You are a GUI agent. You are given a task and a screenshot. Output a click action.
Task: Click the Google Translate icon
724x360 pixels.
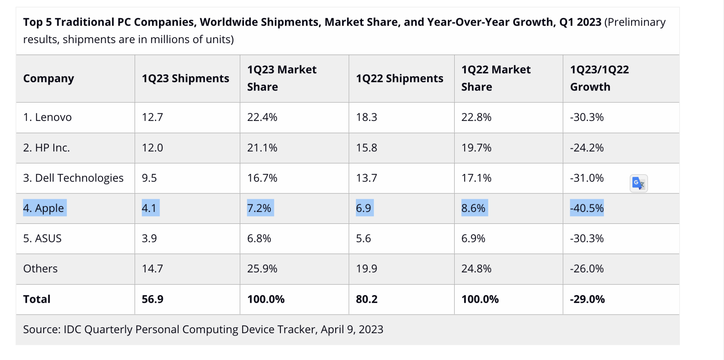[639, 184]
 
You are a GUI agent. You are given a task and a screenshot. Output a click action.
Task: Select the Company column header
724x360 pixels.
[49, 79]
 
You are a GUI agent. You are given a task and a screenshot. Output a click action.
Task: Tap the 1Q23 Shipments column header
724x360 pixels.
[185, 79]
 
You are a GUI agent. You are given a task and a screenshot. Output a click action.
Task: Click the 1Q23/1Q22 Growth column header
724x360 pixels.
[599, 78]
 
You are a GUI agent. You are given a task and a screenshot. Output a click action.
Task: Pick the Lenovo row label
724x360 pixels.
[47, 117]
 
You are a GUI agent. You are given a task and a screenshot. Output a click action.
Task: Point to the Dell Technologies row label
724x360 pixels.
[73, 178]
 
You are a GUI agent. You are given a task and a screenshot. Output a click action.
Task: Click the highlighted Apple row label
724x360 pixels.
[44, 208]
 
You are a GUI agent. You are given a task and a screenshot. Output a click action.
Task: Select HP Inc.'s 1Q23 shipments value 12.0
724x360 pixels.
[152, 148]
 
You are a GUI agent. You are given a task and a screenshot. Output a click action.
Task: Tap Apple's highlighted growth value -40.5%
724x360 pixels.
[587, 208]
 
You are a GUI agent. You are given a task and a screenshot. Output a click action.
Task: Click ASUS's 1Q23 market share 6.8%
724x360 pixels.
[259, 238]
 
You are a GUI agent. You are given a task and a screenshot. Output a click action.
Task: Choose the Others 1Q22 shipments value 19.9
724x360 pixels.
[366, 269]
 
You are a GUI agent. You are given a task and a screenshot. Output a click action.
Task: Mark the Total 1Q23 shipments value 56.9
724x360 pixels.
[152, 299]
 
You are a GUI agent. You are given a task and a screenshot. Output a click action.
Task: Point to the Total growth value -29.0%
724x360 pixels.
[587, 299]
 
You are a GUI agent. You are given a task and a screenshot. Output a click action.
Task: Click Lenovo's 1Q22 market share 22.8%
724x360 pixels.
[476, 117]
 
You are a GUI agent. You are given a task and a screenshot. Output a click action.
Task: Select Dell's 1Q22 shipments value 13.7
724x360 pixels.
[366, 178]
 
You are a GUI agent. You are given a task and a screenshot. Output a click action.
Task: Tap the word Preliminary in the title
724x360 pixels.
[636, 22]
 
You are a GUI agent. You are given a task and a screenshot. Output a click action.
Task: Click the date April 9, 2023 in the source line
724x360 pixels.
[352, 330]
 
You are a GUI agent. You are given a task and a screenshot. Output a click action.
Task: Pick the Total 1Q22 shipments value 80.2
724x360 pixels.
[366, 299]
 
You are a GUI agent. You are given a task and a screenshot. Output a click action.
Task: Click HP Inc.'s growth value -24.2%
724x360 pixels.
[587, 148]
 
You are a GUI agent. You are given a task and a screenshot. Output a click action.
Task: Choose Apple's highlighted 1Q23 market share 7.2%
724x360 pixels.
[259, 208]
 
